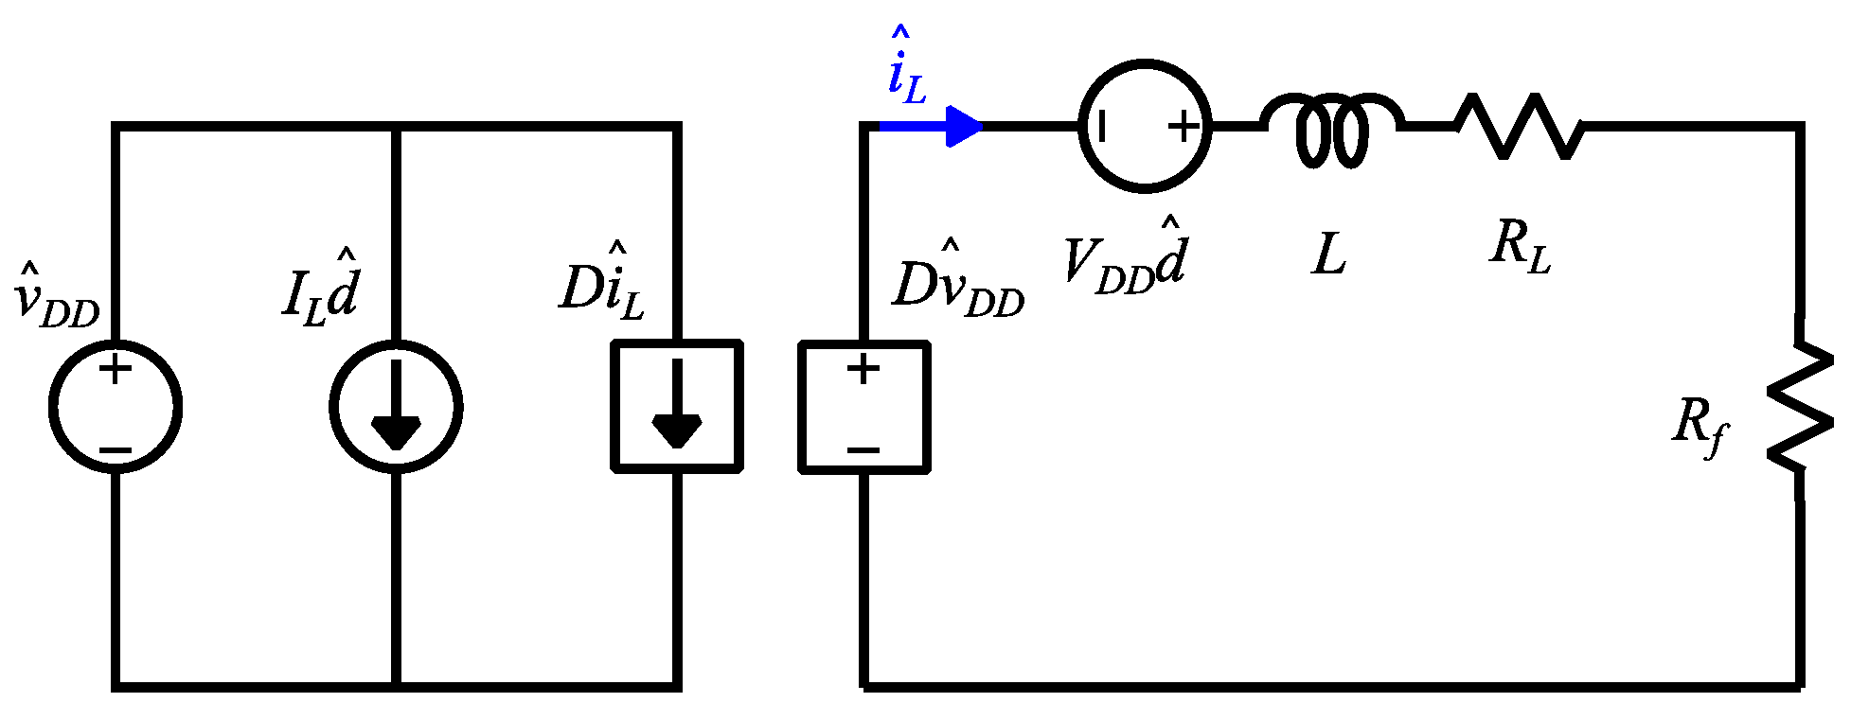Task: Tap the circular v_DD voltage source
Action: pyautogui.click(x=115, y=407)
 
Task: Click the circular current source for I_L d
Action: pyautogui.click(x=396, y=407)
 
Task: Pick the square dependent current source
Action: pyautogui.click(x=676, y=407)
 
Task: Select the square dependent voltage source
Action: pyautogui.click(x=863, y=407)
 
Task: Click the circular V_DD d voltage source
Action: pyautogui.click(x=1145, y=126)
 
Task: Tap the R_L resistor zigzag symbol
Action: pyautogui.click(x=1519, y=126)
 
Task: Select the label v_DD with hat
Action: pyautogui.click(x=57, y=298)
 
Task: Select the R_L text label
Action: pyautogui.click(x=1521, y=246)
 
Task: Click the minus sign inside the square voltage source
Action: pyautogui.click(x=863, y=451)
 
